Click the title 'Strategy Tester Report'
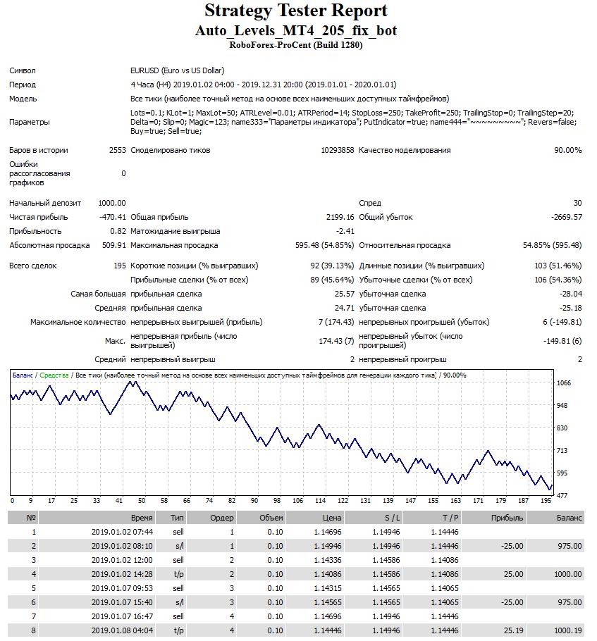click(x=296, y=11)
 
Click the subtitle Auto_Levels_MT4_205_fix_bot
click(x=296, y=31)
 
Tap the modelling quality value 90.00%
click(x=568, y=150)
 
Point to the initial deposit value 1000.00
click(x=112, y=203)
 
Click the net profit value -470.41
click(x=113, y=217)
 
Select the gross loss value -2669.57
click(x=566, y=217)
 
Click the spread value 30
click(x=577, y=203)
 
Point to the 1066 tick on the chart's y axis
click(x=564, y=383)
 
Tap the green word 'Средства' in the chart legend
click(x=54, y=375)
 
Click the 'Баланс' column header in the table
click(x=569, y=518)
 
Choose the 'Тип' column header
click(x=178, y=518)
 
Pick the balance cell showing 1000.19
click(x=567, y=630)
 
